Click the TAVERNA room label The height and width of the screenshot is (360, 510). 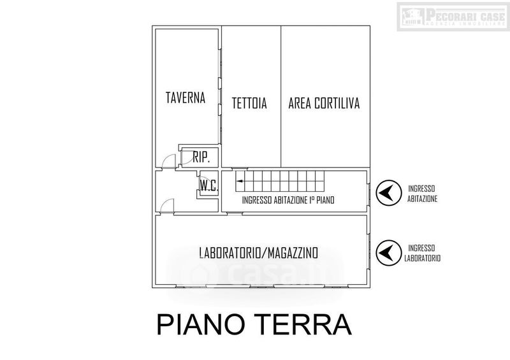(186, 98)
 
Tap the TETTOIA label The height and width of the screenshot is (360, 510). (249, 103)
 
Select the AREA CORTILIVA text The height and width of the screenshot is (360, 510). (324, 103)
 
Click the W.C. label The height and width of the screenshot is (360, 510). (209, 186)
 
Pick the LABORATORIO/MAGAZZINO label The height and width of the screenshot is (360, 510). (258, 253)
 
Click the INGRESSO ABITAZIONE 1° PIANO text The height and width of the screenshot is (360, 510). (293, 200)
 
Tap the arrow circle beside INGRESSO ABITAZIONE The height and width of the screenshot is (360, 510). (388, 193)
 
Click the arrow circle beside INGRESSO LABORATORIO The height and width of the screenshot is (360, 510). (388, 253)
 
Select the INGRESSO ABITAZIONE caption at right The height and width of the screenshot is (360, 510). (421, 193)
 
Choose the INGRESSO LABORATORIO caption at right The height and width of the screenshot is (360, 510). (421, 253)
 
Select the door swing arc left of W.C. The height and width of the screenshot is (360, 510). (167, 204)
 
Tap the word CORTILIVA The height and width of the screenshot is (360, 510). (337, 103)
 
